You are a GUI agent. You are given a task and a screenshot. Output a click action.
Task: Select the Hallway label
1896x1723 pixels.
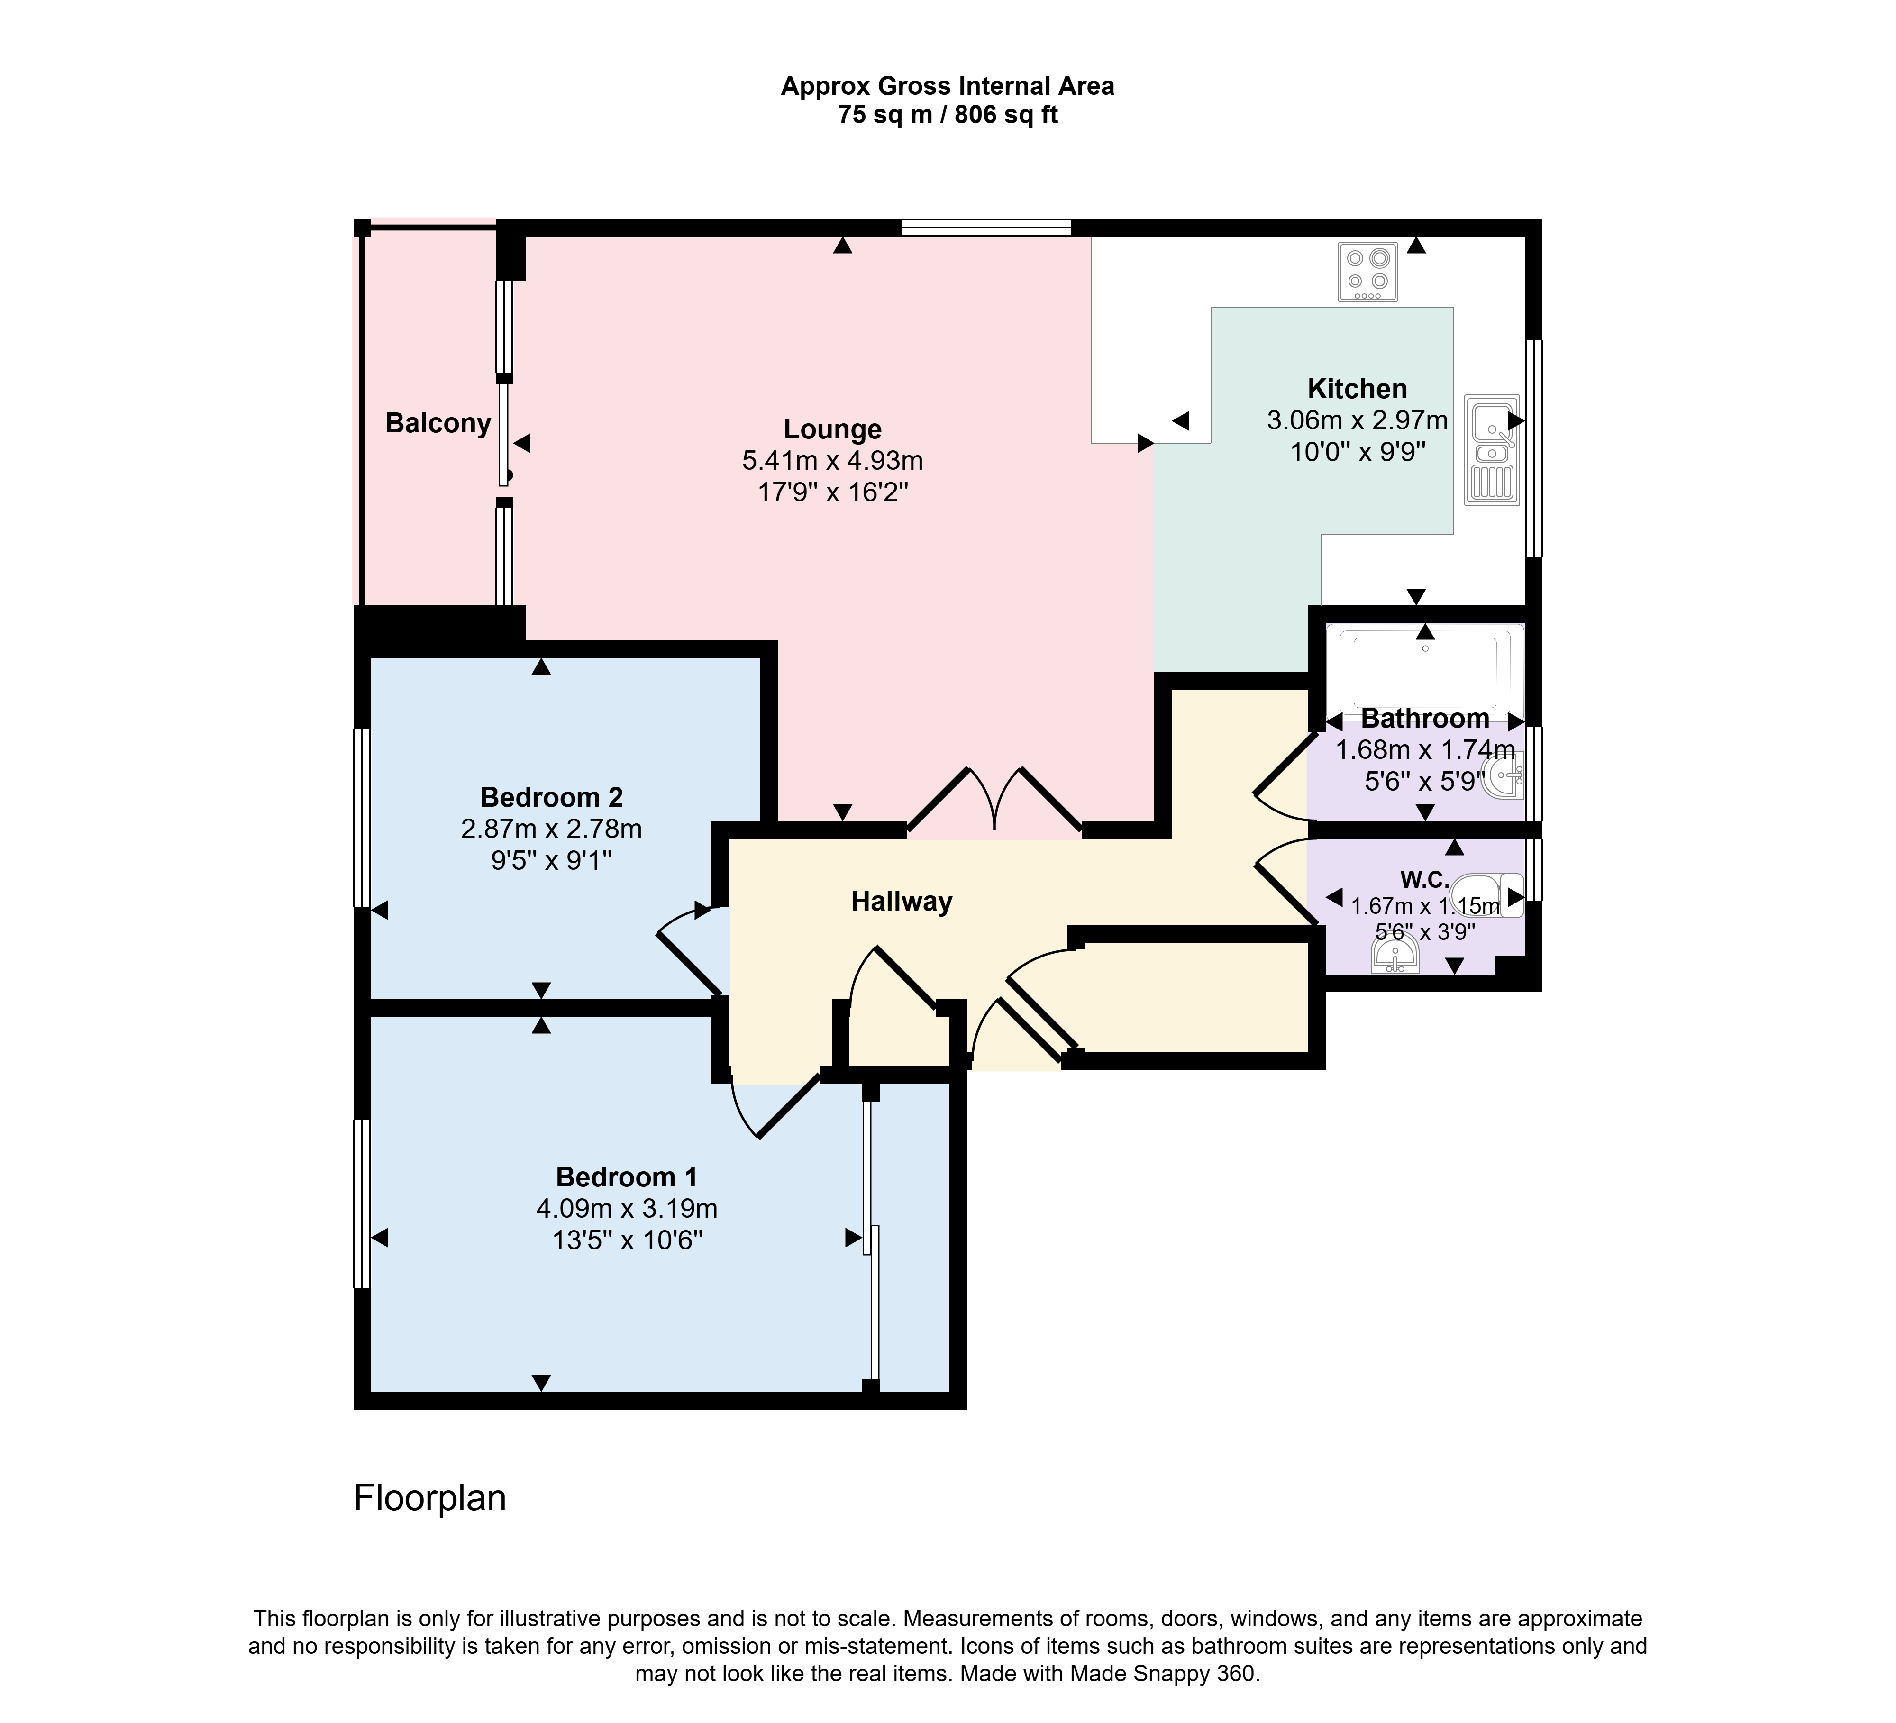(902, 902)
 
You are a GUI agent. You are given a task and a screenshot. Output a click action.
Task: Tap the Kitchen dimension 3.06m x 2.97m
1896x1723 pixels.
(1357, 420)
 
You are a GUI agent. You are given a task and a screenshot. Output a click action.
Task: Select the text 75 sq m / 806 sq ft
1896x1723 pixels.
(948, 115)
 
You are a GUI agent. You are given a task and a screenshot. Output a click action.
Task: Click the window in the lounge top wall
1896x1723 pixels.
(986, 227)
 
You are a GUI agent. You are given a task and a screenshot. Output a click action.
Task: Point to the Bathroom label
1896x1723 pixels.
(1425, 719)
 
